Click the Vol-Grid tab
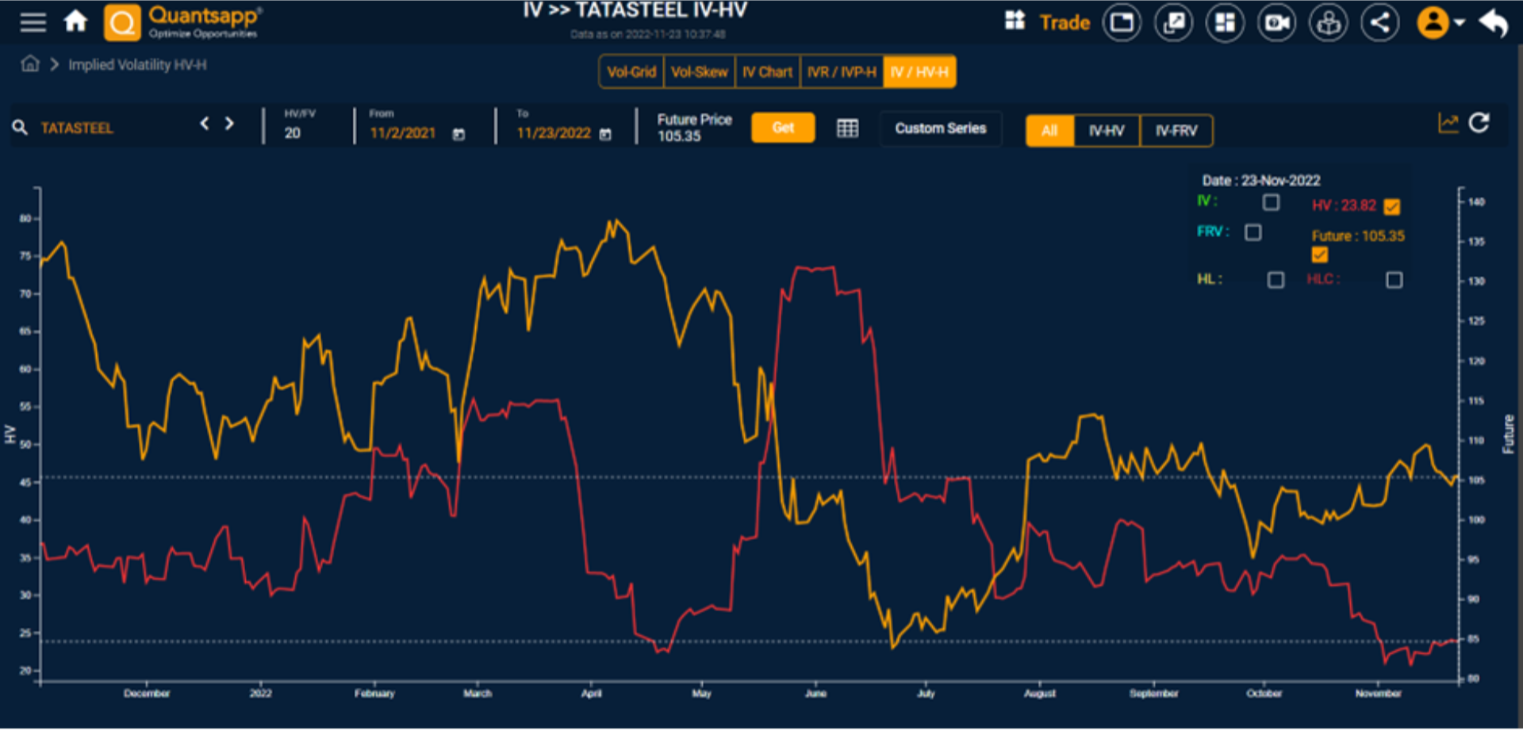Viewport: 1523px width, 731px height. coord(631,72)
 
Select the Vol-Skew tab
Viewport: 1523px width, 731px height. coord(699,72)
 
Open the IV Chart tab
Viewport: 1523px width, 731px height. coord(767,72)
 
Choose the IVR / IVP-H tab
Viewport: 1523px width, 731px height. coord(842,72)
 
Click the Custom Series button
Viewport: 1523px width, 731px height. coord(940,128)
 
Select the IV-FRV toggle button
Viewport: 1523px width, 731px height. coord(1176,131)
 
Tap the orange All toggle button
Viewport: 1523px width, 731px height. coord(1049,131)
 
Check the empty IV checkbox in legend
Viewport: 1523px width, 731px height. coord(1271,203)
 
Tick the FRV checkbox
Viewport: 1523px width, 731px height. coord(1253,232)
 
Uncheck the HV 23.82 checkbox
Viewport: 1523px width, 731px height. coord(1392,207)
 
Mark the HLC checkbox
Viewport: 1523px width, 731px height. coord(1394,280)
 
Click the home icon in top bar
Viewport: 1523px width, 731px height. coord(76,21)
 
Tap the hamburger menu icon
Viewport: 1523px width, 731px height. coord(33,22)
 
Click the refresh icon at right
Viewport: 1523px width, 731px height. coord(1479,123)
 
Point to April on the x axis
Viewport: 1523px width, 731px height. coord(591,694)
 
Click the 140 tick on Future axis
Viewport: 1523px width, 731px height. coord(1475,202)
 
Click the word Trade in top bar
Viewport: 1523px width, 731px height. coord(1065,23)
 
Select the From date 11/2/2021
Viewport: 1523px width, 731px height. coord(403,133)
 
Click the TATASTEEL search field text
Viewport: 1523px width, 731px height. coord(77,128)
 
